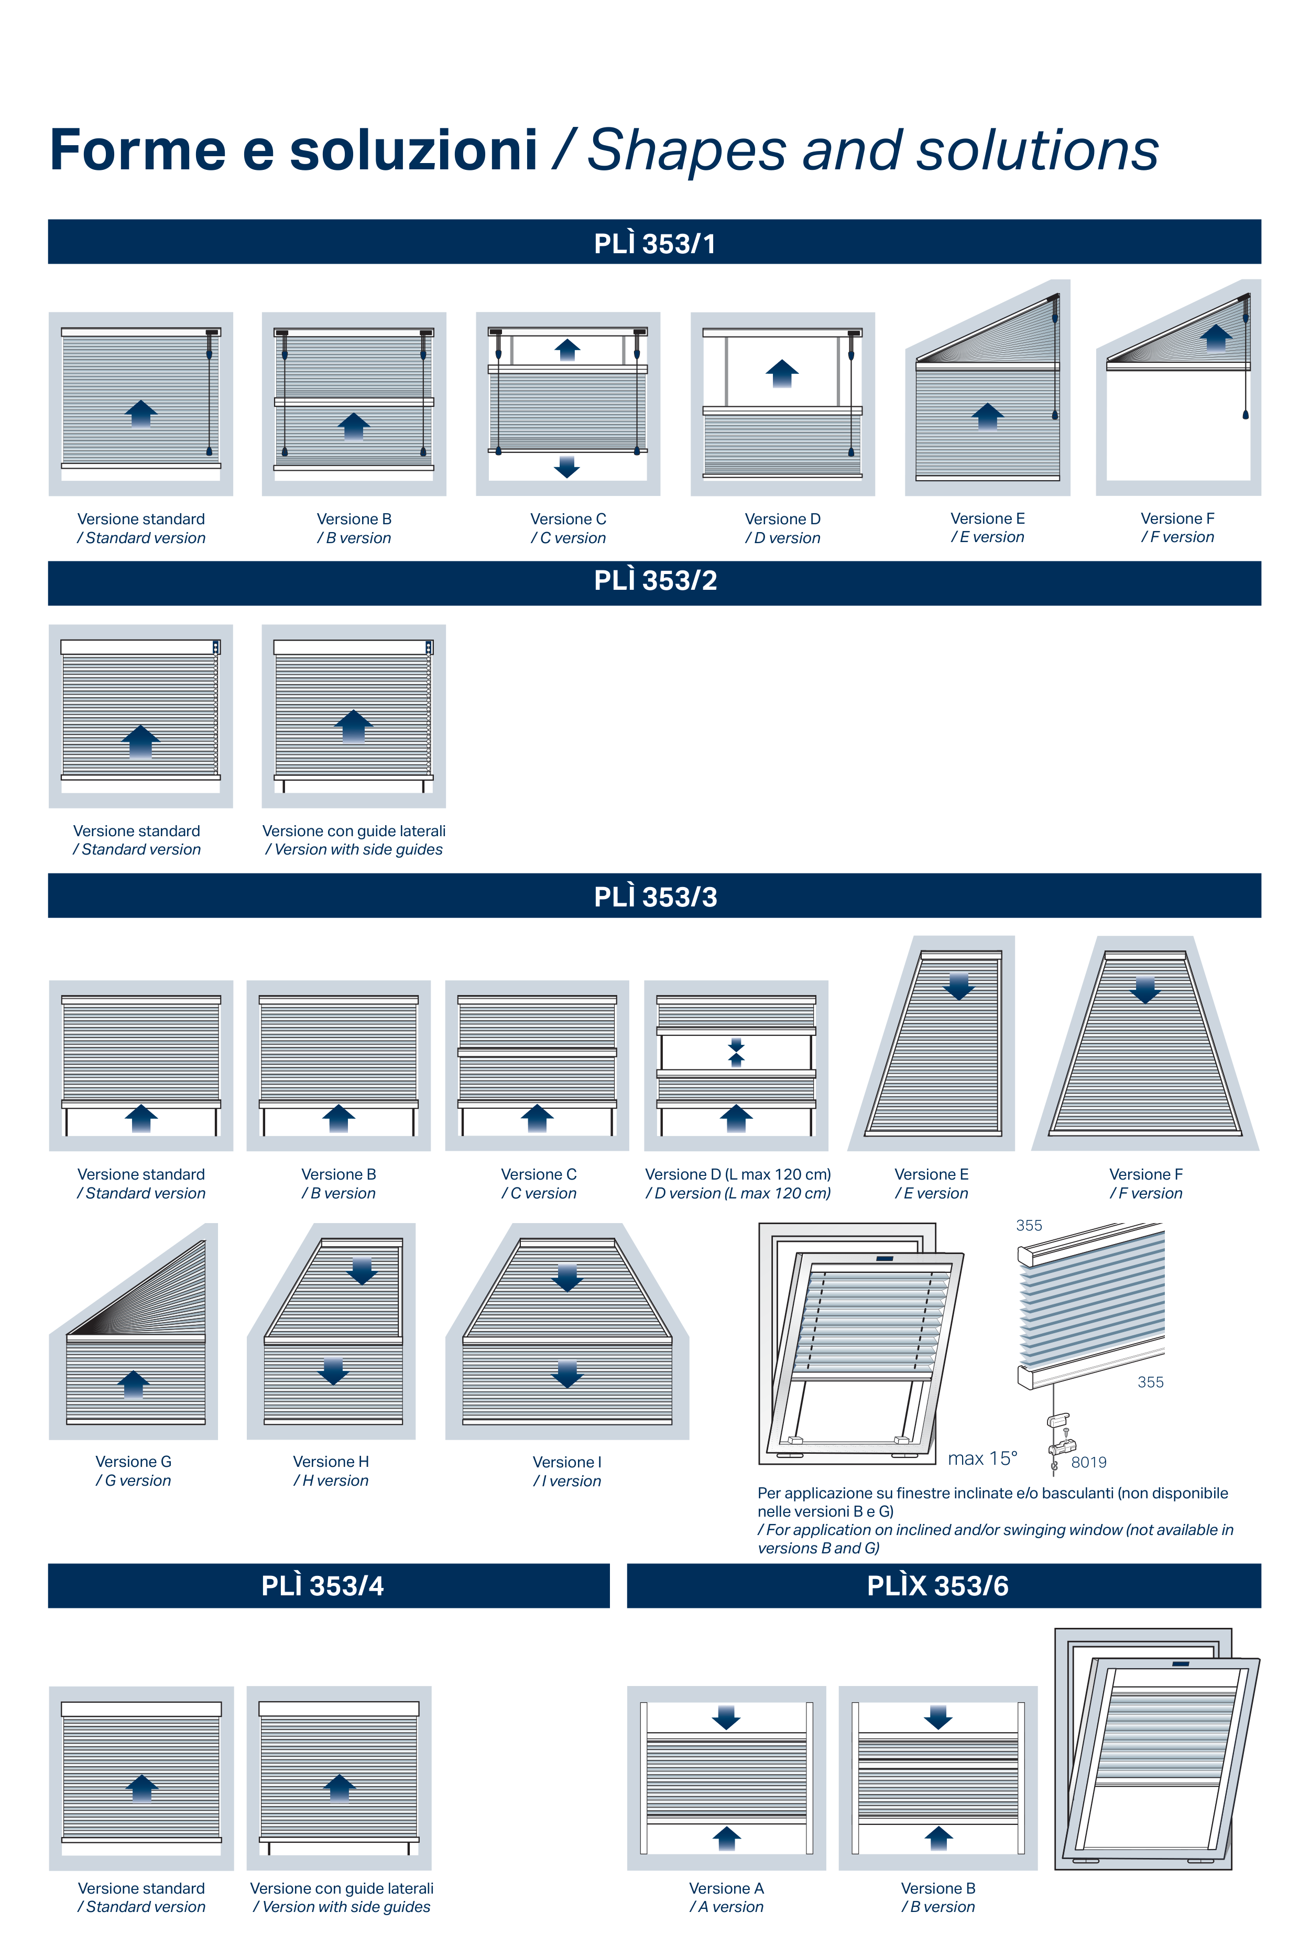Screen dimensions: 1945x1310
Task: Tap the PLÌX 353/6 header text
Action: click(937, 1585)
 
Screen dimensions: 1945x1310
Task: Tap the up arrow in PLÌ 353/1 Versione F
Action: click(1216, 338)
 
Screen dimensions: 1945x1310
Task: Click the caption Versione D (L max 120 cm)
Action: click(738, 1174)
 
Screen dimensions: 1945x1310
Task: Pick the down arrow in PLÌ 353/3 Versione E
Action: click(958, 986)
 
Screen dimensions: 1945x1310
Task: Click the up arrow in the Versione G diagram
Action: click(134, 1384)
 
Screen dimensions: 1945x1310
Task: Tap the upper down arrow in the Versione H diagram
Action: click(362, 1270)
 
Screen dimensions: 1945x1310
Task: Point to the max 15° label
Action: click(982, 1458)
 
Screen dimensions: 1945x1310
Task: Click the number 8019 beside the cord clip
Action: click(1088, 1462)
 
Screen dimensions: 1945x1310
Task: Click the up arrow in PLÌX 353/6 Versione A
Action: click(726, 1838)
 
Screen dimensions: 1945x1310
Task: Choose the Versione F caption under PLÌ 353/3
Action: click(1145, 1174)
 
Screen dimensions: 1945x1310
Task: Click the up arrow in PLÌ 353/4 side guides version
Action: click(339, 1787)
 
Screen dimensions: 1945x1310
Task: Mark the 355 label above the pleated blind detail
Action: click(1029, 1225)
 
